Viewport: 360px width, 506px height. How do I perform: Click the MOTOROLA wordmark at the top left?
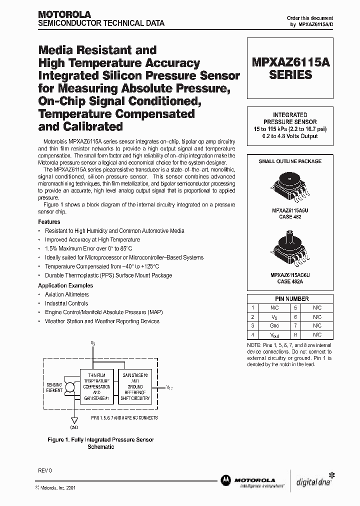click(64, 15)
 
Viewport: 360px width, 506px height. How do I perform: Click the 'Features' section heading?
click(49, 221)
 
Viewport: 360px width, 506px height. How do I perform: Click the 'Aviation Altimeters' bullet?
click(66, 294)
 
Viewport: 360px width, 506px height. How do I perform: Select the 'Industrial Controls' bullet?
click(66, 303)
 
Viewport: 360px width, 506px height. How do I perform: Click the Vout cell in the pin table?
click(273, 335)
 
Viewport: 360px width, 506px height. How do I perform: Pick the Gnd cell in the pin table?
click(273, 326)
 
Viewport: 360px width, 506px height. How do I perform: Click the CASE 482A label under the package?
click(290, 281)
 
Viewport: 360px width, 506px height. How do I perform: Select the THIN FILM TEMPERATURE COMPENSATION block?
click(96, 386)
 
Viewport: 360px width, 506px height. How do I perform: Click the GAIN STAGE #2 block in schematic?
click(134, 386)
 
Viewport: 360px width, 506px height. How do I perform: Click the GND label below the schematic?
click(74, 428)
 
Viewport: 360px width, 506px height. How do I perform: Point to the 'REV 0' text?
click(44, 471)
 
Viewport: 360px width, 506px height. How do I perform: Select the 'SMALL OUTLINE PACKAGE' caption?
click(290, 161)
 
